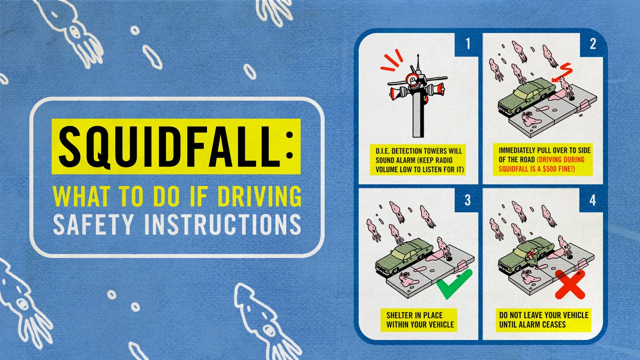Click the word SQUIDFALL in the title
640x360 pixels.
click(x=170, y=147)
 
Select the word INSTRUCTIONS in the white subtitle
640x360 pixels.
click(x=223, y=224)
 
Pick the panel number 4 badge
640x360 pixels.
click(x=592, y=200)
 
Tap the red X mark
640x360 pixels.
click(x=570, y=284)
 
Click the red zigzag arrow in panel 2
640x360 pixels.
click(x=564, y=72)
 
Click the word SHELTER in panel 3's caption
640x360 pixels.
click(x=399, y=315)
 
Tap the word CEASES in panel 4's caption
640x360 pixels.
click(x=555, y=324)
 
